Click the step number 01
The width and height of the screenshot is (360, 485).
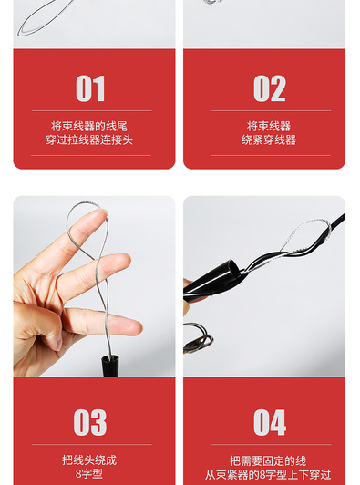[x=90, y=88]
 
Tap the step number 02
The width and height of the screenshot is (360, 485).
[x=270, y=88]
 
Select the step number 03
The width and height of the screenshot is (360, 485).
[x=90, y=422]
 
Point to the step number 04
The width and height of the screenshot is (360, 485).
[x=270, y=422]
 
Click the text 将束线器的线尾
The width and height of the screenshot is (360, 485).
[x=89, y=126]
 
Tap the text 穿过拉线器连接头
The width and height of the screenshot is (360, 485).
[x=89, y=139]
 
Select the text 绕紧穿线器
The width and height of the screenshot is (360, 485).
[x=269, y=139]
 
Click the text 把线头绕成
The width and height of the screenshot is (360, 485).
[x=89, y=460]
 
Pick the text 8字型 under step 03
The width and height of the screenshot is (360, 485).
[x=89, y=473]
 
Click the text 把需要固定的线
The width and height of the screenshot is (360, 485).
[x=268, y=461]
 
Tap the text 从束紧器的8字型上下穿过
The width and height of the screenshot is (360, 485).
[x=268, y=474]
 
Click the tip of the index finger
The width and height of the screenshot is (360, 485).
[x=102, y=214]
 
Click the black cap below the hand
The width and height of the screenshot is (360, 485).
[x=110, y=366]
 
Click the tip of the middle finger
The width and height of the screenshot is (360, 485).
[x=124, y=263]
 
